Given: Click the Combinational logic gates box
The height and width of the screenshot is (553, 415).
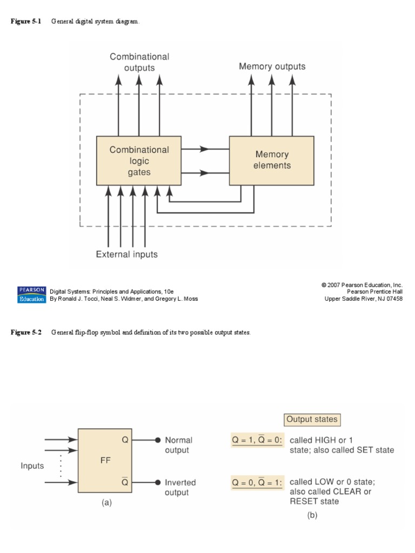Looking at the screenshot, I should click(x=139, y=161).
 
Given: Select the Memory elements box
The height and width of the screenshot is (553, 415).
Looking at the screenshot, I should click(x=271, y=160).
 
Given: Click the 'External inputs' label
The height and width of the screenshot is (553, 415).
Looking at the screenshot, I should click(x=126, y=254).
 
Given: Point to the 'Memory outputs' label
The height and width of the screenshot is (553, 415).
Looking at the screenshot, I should click(x=272, y=66).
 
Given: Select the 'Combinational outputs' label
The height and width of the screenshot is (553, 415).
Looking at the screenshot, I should click(x=139, y=62).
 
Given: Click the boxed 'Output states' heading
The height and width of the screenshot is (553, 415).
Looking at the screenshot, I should click(x=312, y=419).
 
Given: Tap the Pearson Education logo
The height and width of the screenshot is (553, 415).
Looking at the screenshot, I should click(x=31, y=294).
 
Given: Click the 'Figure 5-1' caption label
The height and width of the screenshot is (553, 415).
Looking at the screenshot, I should click(x=26, y=21).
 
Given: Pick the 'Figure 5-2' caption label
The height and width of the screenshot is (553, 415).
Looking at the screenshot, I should click(x=26, y=333).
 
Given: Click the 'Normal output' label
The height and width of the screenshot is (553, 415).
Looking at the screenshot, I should click(x=178, y=445).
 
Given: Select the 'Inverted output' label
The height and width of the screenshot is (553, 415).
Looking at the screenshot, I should click(x=180, y=487).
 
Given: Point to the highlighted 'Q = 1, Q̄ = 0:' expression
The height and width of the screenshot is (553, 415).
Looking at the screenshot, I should click(x=257, y=440).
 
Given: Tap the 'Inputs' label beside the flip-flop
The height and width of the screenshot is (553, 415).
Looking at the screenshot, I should click(x=33, y=465).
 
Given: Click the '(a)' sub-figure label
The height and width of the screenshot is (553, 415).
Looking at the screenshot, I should click(x=106, y=502).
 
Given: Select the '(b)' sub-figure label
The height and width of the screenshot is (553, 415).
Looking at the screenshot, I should click(x=312, y=515).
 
